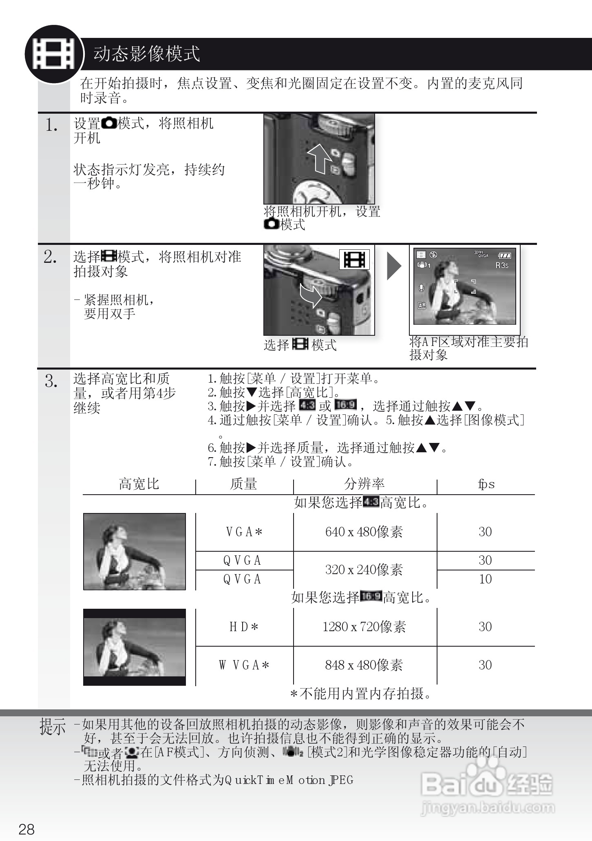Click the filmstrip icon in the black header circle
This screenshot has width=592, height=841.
click(53, 54)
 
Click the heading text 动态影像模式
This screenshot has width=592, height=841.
click(146, 54)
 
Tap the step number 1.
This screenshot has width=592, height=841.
click(51, 125)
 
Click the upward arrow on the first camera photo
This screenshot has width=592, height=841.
click(319, 158)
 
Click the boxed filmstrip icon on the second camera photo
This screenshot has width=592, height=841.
click(354, 260)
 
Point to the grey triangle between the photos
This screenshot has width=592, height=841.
click(393, 266)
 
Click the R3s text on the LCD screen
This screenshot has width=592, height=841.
click(502, 265)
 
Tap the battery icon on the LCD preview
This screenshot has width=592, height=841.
click(505, 255)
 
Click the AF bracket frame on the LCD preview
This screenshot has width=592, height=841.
click(465, 286)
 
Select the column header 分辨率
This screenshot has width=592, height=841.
click(364, 484)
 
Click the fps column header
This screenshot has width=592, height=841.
click(486, 484)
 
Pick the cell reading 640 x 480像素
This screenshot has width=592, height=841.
click(364, 532)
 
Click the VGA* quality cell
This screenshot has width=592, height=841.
click(244, 532)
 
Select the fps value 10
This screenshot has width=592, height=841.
click(485, 579)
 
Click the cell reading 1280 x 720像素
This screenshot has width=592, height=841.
click(364, 627)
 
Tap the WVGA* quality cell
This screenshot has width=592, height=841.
click(244, 665)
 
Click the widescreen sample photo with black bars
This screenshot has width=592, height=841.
click(134, 647)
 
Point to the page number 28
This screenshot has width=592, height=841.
click(27, 829)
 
